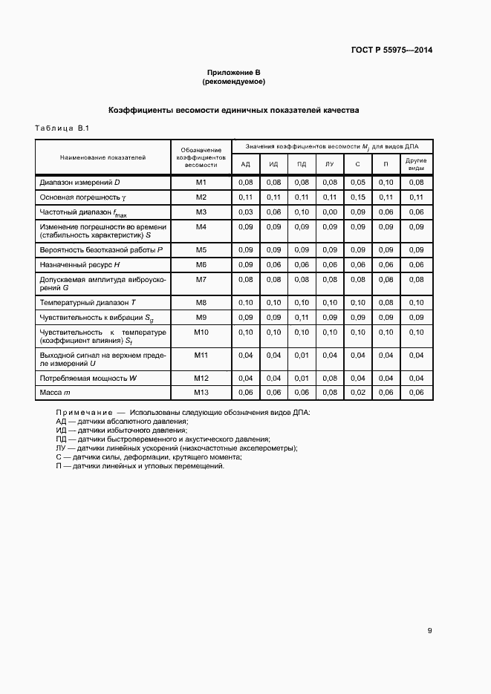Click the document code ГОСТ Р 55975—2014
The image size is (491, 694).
tap(391, 50)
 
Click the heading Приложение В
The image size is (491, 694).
tap(234, 72)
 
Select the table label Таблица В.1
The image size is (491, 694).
tap(62, 129)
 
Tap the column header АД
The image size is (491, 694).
tap(245, 164)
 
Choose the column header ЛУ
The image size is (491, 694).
tap(329, 164)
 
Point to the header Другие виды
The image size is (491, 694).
tap(416, 164)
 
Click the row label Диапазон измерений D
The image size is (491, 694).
tap(79, 182)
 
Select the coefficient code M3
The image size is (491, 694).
tap(201, 212)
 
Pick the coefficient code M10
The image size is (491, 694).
tap(201, 332)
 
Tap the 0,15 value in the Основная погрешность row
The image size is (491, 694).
tap(357, 197)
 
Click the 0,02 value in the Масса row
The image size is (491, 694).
tap(357, 392)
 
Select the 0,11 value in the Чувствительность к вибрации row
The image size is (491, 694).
tap(302, 317)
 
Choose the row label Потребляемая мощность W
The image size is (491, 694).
tap(88, 378)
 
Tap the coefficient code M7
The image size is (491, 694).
tap(201, 279)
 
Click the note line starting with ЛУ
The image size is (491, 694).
tap(176, 448)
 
